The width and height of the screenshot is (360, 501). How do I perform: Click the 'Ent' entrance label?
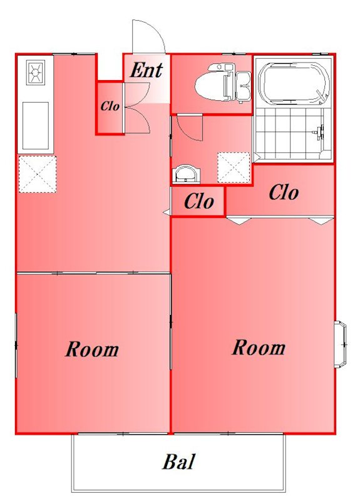(x=147, y=70)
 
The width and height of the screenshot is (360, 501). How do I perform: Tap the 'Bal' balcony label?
(x=178, y=462)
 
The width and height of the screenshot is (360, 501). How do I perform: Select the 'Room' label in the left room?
(x=92, y=349)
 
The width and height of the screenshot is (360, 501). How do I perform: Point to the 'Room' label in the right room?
(x=259, y=348)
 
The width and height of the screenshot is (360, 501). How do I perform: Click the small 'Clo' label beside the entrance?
(x=110, y=106)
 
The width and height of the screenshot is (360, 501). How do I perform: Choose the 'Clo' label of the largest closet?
(x=284, y=193)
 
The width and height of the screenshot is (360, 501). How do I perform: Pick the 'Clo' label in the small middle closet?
(x=198, y=202)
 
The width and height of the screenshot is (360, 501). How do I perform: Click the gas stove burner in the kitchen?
(x=35, y=73)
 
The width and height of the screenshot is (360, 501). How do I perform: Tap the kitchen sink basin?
(x=36, y=126)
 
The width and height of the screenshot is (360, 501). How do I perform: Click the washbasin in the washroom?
(x=187, y=173)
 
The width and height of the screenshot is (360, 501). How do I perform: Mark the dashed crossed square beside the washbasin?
(x=233, y=167)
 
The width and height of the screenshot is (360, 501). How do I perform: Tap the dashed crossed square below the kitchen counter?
(x=38, y=174)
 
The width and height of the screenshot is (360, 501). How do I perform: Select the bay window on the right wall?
(x=341, y=344)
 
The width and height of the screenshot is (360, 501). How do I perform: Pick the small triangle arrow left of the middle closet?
(x=167, y=212)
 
